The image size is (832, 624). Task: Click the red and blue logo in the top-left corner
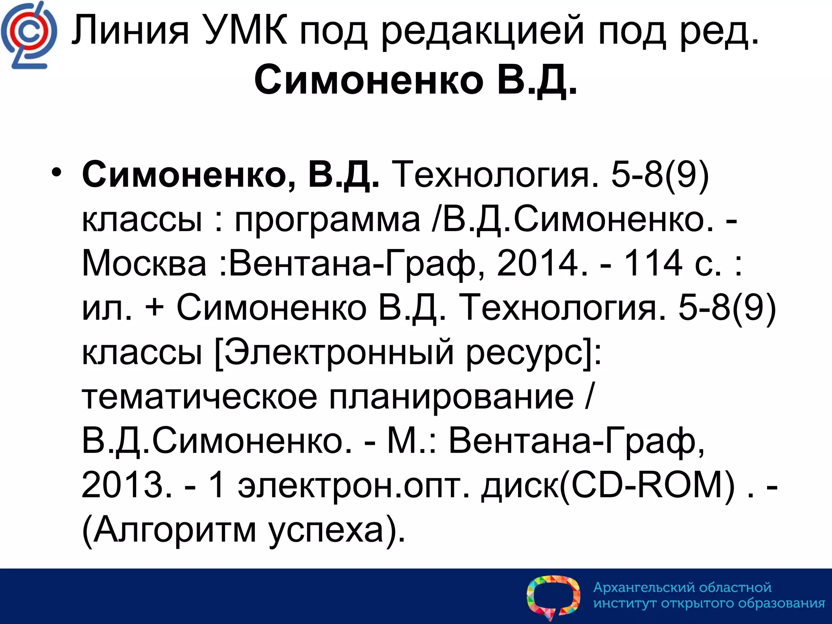click(28, 35)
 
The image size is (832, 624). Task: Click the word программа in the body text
click(327, 219)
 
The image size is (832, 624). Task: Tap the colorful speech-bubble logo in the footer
click(553, 596)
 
